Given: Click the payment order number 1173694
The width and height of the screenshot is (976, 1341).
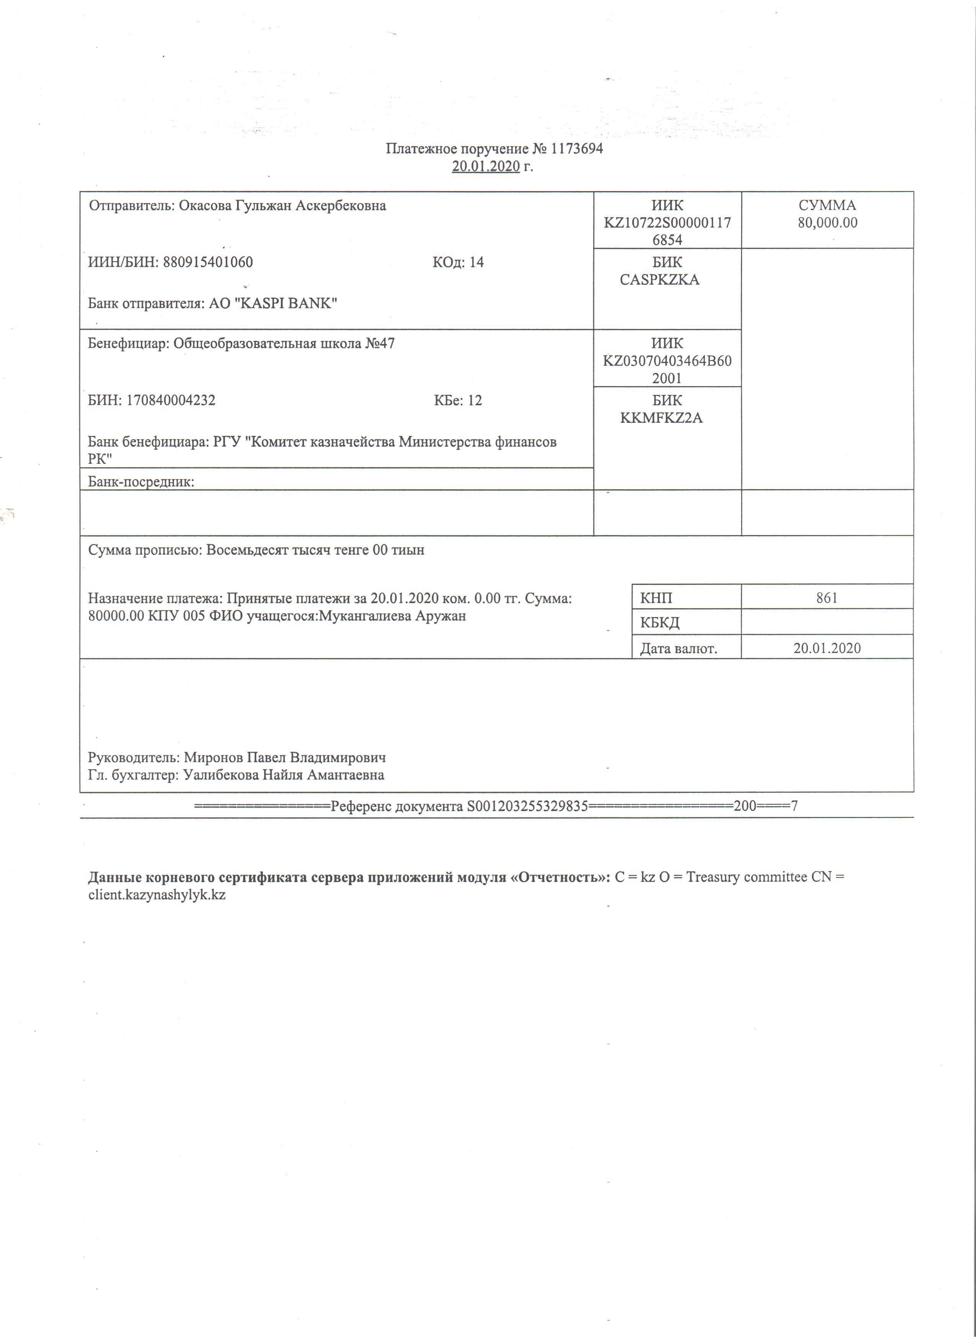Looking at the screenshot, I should point(577,148).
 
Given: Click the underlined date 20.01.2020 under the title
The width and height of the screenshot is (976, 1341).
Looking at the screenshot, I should point(486,167).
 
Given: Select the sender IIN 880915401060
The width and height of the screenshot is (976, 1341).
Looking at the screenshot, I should point(208,262).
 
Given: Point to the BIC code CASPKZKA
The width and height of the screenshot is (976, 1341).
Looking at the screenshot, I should point(659,280).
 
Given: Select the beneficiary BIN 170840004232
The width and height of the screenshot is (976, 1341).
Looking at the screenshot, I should point(171,400).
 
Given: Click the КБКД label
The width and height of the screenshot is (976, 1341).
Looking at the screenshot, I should point(659,622).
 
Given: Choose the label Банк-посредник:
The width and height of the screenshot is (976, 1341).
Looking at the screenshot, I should point(141,482).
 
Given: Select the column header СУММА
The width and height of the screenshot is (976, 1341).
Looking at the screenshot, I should point(827,206).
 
